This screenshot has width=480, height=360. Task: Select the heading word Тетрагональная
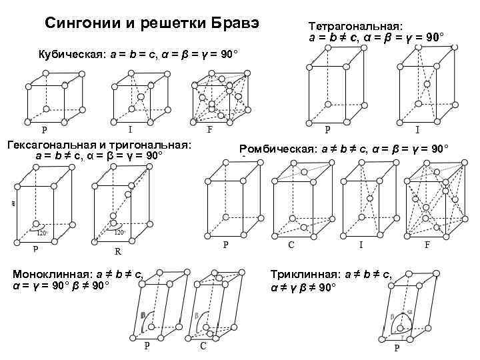coord(351,25)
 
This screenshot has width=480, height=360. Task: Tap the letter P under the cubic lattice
coord(45,130)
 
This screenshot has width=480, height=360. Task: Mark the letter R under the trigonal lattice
coord(117,252)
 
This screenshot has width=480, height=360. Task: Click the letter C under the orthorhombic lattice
coord(291,245)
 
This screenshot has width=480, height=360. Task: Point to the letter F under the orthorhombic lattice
coord(427,245)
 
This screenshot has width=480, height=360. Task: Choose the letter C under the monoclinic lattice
coord(203,347)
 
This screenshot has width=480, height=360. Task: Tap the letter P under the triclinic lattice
coord(397,348)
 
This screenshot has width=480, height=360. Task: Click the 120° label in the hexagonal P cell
coord(41,233)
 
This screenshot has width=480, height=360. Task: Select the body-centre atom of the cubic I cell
coord(141,96)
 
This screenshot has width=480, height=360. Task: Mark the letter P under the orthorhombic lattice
coord(225,245)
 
